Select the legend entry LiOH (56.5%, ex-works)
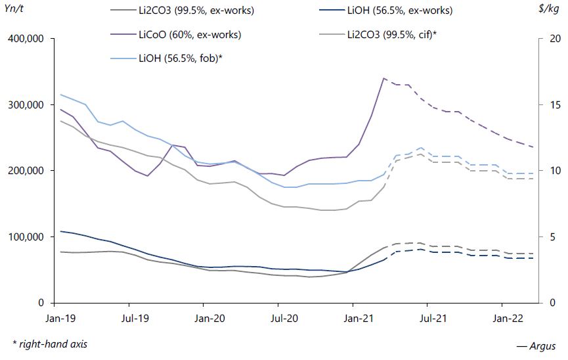[399, 11]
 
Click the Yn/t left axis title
[14, 10]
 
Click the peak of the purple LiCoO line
[383, 78]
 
